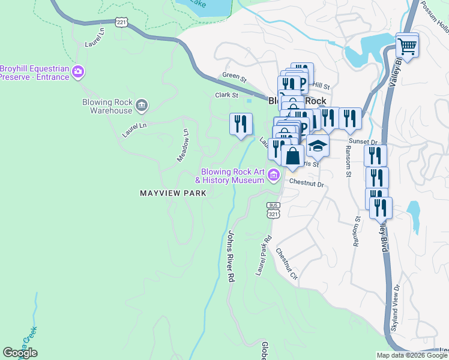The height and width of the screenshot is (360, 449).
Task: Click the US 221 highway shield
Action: coord(121,23)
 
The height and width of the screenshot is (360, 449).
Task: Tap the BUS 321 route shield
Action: coord(273,211)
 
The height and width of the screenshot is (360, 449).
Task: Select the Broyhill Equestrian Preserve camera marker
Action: coord(77,73)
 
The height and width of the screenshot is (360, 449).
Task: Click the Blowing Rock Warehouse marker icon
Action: coord(142,106)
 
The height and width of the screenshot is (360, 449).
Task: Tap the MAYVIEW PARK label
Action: coord(173,193)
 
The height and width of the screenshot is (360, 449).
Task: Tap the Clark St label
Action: coord(227,95)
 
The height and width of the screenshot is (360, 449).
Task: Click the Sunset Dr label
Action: coord(364,142)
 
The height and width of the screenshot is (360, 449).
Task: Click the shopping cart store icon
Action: coord(407,46)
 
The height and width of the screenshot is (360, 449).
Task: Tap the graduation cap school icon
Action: coord(318,146)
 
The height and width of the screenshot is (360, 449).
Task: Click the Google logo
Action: coord(20,353)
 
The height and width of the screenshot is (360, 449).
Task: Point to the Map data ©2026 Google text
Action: coord(411,355)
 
